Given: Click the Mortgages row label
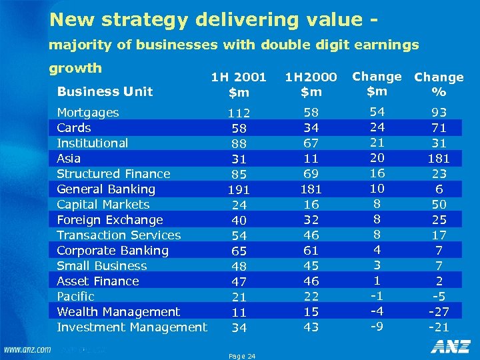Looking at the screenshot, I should (x=88, y=113).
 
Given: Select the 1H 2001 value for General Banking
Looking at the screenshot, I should (x=238, y=189).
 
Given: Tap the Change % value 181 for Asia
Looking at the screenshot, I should (x=439, y=159).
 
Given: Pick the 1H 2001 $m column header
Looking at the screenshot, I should (x=238, y=85).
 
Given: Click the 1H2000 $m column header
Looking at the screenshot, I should (x=311, y=85).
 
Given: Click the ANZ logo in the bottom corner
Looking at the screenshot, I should (x=450, y=347).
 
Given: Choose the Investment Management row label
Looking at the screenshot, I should (x=132, y=327).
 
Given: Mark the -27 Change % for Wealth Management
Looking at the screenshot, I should (x=439, y=312).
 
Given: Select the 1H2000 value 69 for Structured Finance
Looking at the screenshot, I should (x=311, y=174).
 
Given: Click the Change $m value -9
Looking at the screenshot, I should (x=377, y=327).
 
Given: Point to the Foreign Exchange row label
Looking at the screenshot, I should (x=110, y=220).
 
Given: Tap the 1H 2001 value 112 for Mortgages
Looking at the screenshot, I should (x=238, y=113).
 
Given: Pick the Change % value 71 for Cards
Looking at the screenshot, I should (x=439, y=128).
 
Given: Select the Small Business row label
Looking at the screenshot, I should (x=102, y=266).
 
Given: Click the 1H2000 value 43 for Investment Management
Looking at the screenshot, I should (x=311, y=327).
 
